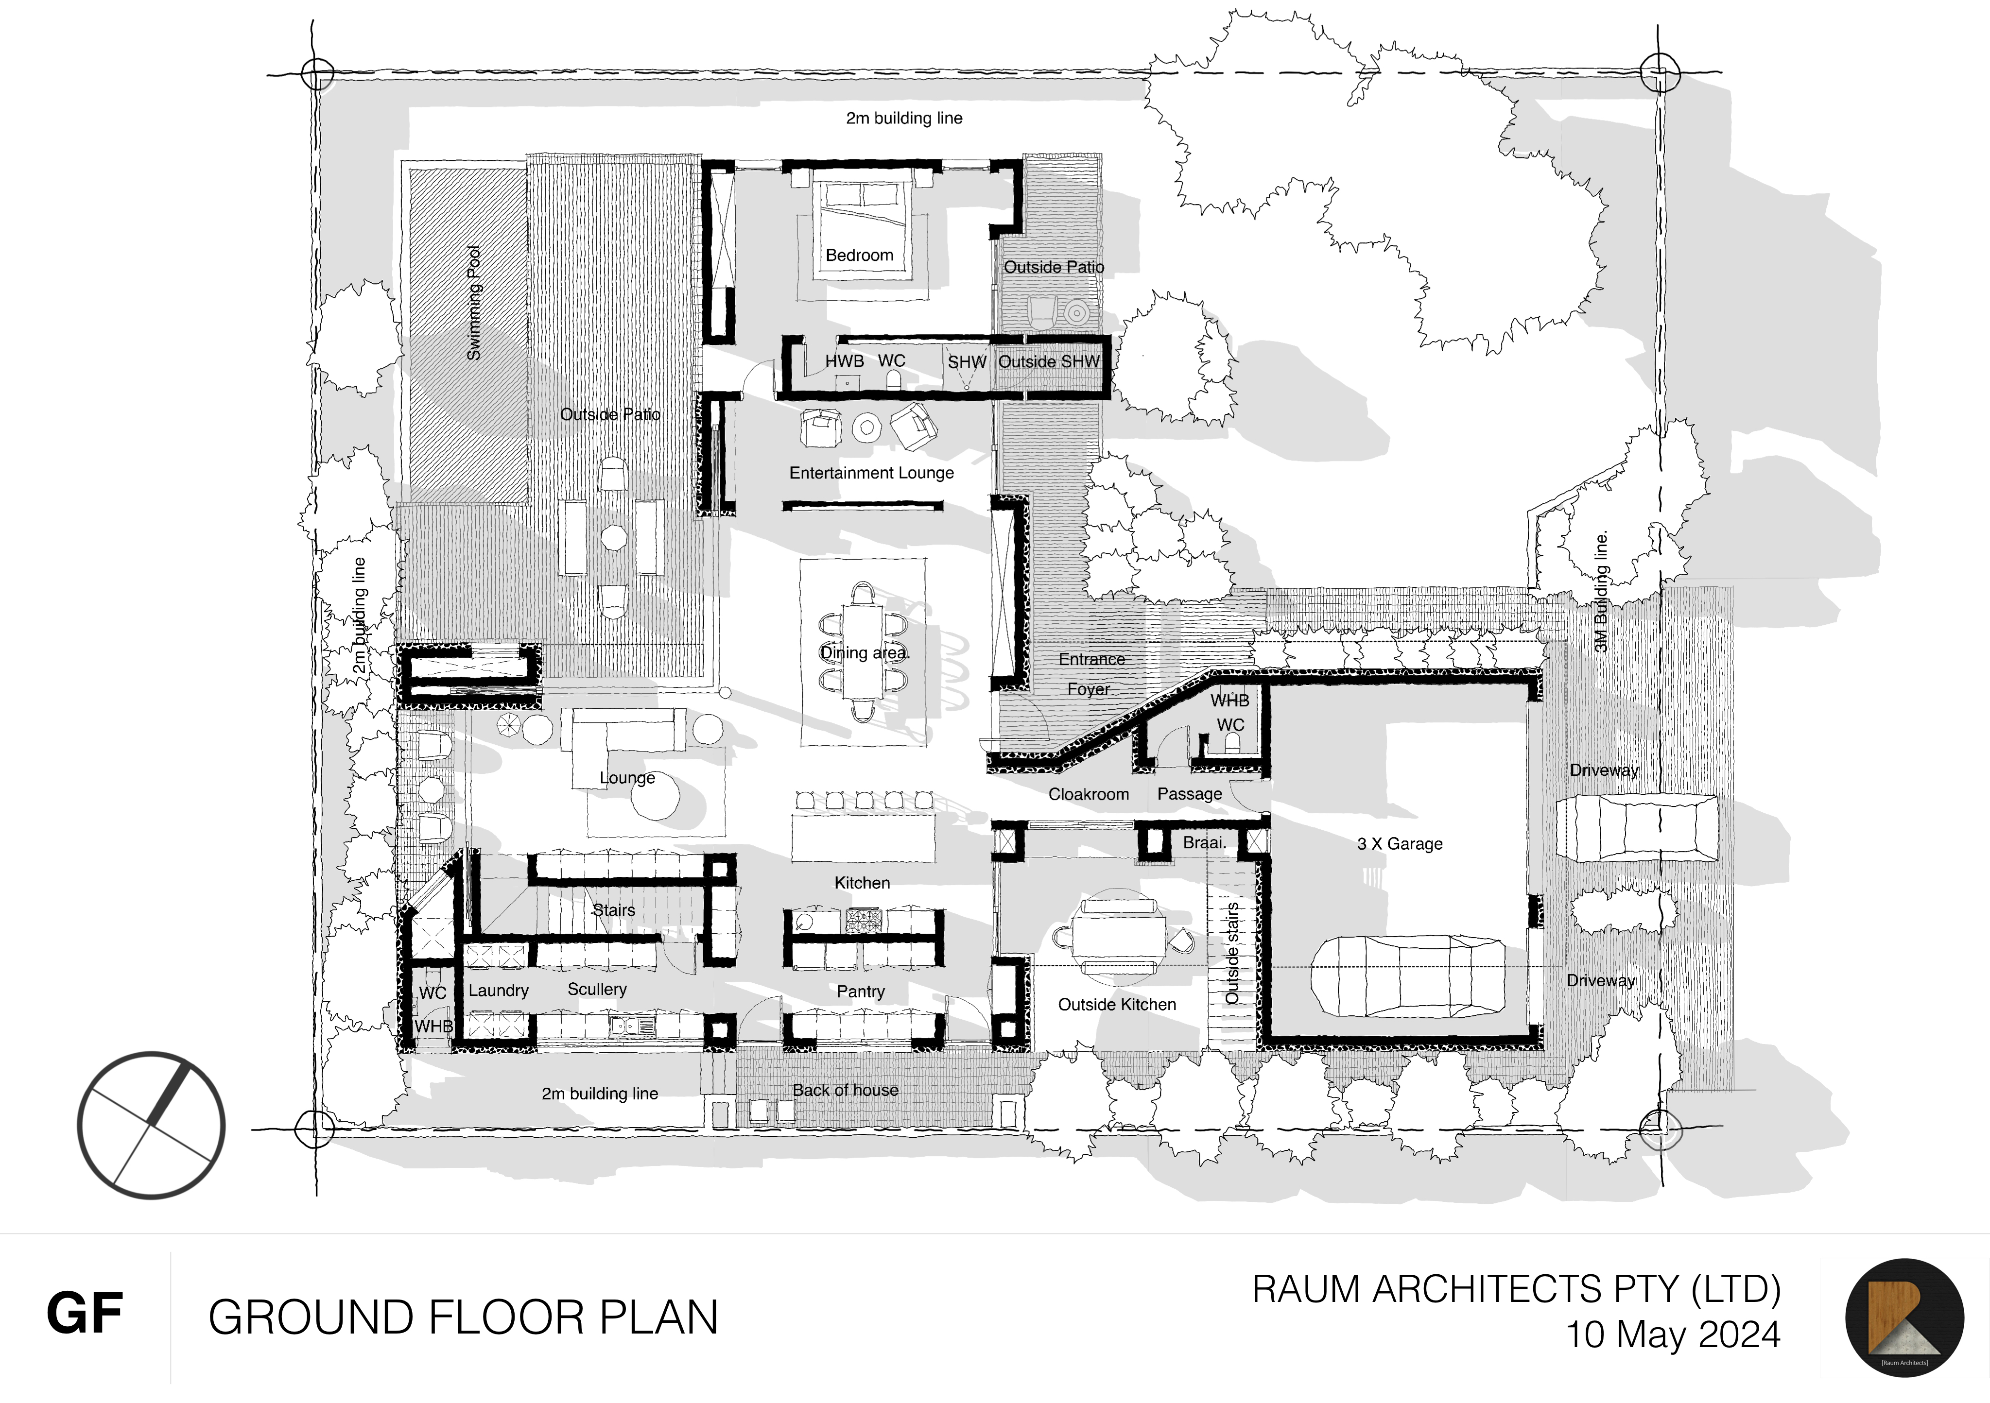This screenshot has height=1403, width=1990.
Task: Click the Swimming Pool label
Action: pyautogui.click(x=473, y=303)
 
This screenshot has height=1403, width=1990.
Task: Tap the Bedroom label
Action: pyautogui.click(x=859, y=256)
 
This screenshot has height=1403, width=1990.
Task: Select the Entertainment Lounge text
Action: pyautogui.click(x=871, y=473)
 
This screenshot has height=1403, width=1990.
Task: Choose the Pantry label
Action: pyautogui.click(x=861, y=992)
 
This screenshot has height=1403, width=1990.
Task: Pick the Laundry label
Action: pyautogui.click(x=499, y=991)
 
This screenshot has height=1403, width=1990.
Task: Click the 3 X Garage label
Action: pyautogui.click(x=1400, y=844)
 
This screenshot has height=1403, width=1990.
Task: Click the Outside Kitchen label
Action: pyautogui.click(x=1117, y=1004)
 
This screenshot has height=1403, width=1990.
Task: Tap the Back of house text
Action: pyautogui.click(x=845, y=1090)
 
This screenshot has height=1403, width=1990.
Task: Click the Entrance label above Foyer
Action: pyautogui.click(x=1091, y=659)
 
